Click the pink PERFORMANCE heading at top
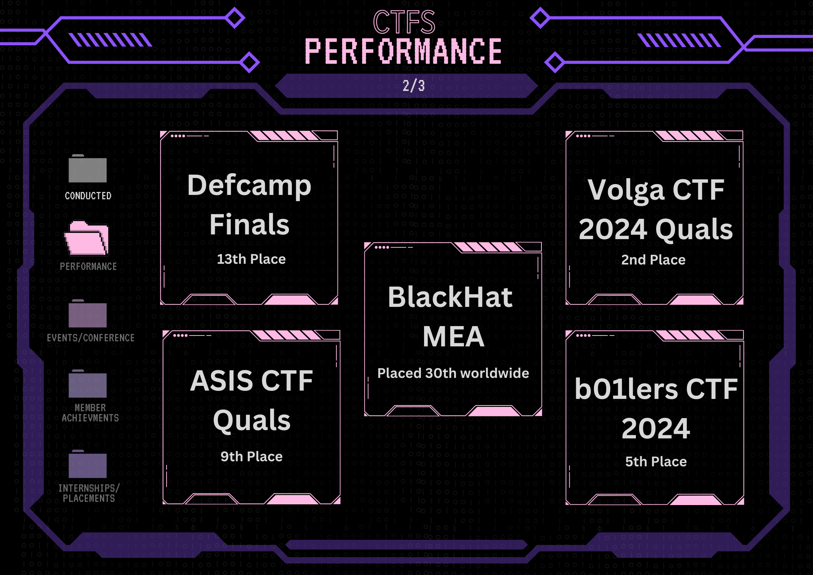(x=403, y=51)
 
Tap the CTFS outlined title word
(x=404, y=22)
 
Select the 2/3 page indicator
(x=414, y=86)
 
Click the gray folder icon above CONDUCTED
(x=88, y=169)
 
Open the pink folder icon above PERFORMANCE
(x=87, y=238)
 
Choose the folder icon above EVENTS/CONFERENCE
(x=88, y=314)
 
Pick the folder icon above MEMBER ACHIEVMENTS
(x=88, y=384)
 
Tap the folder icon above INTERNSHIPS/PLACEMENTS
(x=88, y=464)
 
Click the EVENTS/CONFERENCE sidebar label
(x=91, y=338)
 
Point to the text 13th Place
(x=251, y=259)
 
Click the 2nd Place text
(x=653, y=260)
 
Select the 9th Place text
(x=251, y=457)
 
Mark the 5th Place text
(x=656, y=462)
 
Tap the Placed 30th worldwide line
(x=453, y=373)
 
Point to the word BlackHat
(x=450, y=297)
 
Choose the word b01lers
(x=626, y=389)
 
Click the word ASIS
(x=222, y=381)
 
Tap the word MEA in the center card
(x=453, y=337)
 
